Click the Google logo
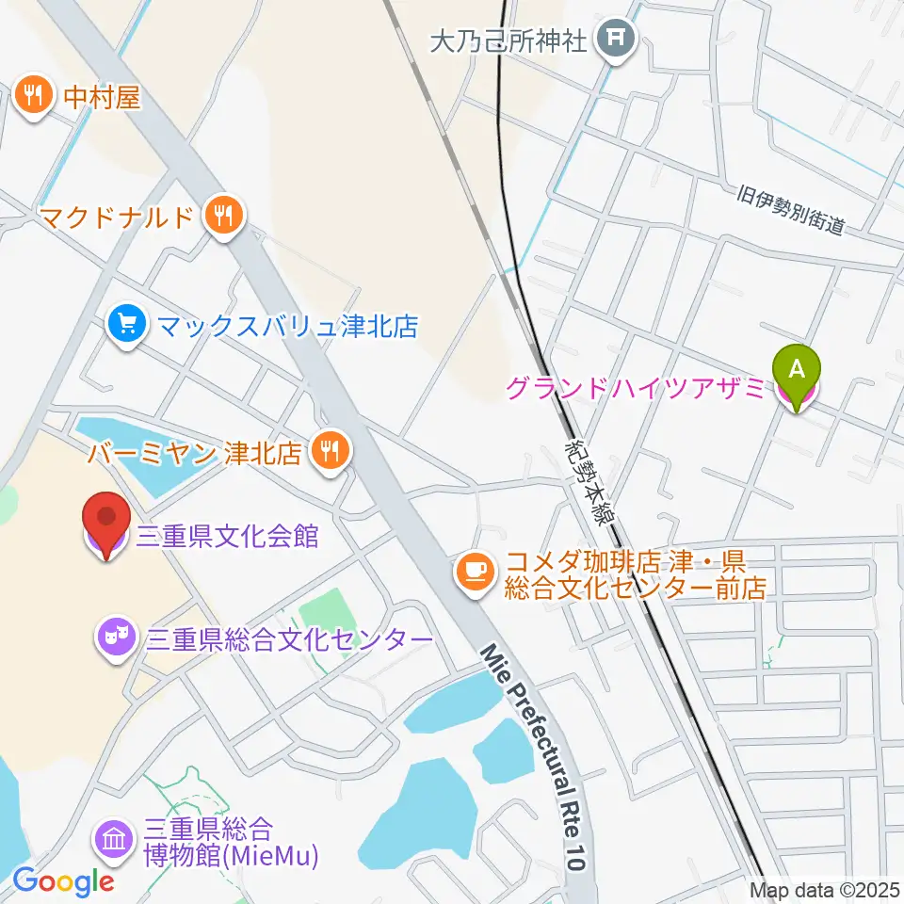click(x=63, y=881)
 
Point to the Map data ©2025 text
click(x=824, y=889)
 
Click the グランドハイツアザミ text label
click(x=636, y=388)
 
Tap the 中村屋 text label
click(x=103, y=97)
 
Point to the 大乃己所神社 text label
click(x=508, y=40)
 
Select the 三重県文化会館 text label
click(x=228, y=538)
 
